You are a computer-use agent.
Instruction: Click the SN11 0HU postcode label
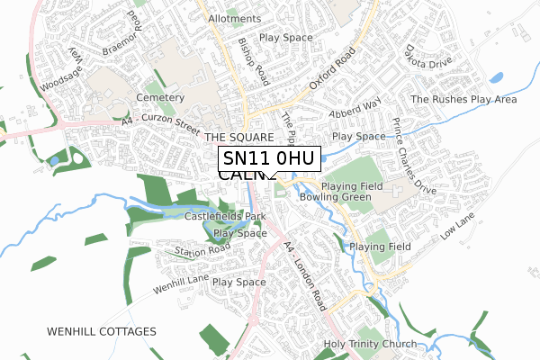(x=269, y=159)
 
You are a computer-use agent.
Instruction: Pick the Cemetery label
(x=160, y=97)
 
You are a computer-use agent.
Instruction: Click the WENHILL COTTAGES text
(x=101, y=332)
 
